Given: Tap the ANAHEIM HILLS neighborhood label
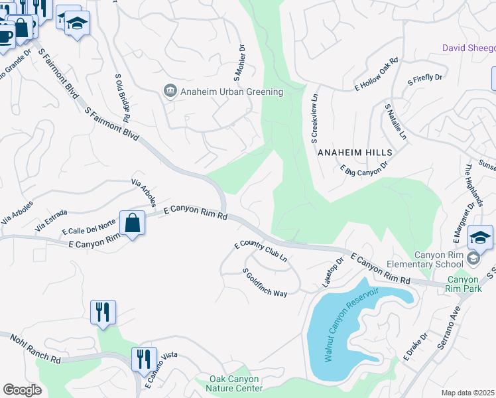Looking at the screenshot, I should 355,153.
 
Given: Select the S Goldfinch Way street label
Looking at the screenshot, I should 265,283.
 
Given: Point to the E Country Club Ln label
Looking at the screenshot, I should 261,250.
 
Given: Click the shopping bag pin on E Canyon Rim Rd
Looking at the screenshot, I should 132,223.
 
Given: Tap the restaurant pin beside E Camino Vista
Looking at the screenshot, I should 144,360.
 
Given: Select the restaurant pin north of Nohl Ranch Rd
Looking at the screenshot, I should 103,312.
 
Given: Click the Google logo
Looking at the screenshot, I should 23,390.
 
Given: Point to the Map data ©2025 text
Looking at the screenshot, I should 468,393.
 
